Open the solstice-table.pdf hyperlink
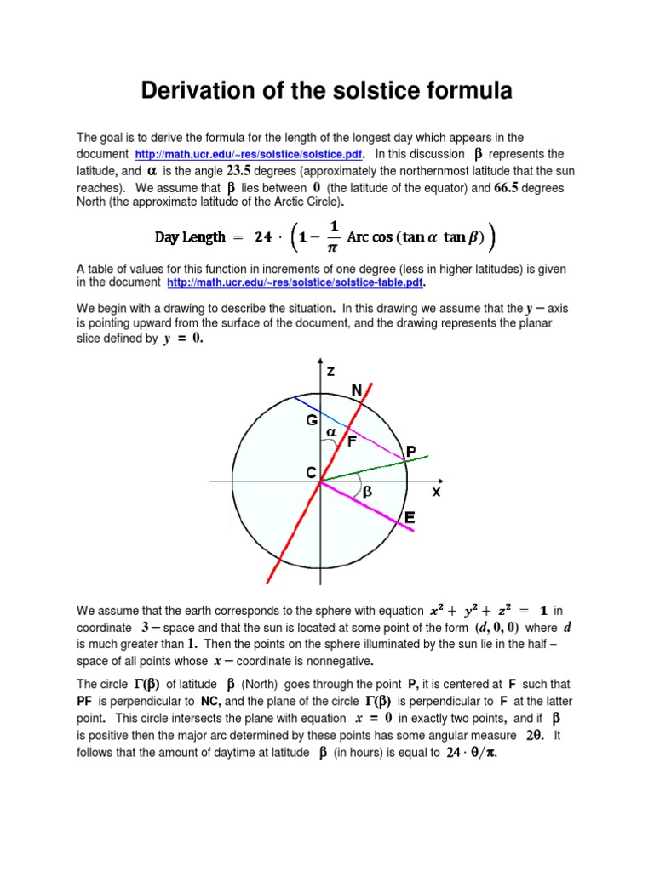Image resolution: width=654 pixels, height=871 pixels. [295, 282]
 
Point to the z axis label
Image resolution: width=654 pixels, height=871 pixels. [330, 371]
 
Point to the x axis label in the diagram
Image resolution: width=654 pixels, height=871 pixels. [436, 492]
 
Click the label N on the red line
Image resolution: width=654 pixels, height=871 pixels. [357, 390]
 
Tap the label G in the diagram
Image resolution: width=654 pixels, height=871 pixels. [313, 421]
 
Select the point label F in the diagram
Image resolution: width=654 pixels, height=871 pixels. [351, 441]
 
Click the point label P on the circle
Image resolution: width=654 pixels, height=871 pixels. [411, 452]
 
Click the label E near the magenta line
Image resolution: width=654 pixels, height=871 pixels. [410, 517]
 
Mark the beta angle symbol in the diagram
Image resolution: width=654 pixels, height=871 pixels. [367, 492]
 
